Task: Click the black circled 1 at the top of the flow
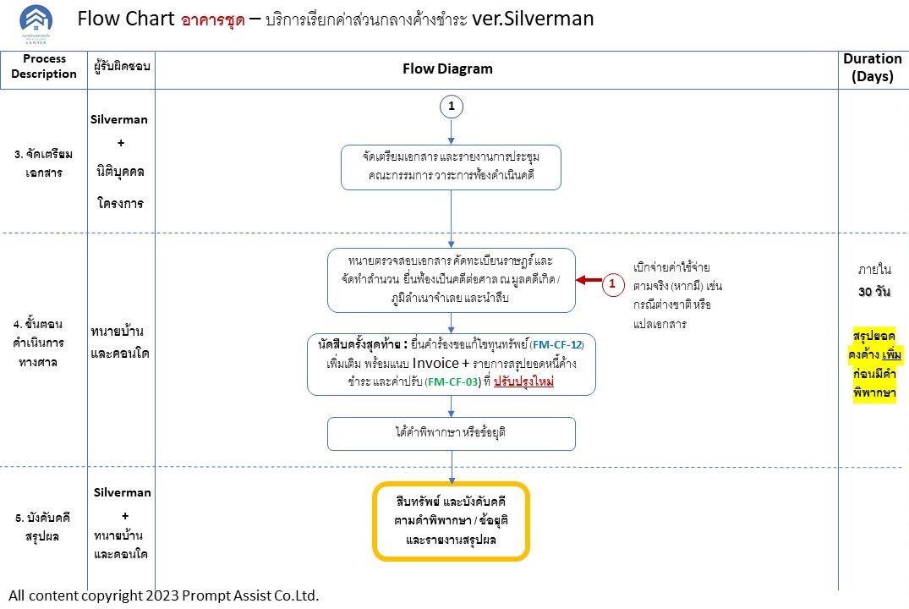coord(452,107)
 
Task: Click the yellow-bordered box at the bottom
coord(452,521)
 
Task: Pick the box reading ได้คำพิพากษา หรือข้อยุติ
coord(452,433)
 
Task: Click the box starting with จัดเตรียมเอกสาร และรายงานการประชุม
coord(452,167)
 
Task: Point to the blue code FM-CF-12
coord(557,345)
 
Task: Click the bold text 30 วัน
coord(873,292)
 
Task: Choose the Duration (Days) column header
coord(873,68)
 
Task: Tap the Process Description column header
coord(44,67)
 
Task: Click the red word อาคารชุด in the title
coord(213,19)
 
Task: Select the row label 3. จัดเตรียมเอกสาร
coord(44,163)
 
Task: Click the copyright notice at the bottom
coord(165,595)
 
